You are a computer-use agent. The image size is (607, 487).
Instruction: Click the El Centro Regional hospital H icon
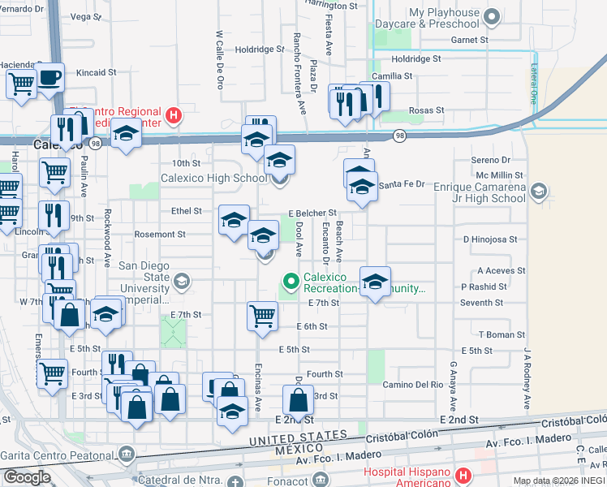(173, 116)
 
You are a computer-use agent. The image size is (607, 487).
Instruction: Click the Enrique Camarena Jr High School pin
(540, 192)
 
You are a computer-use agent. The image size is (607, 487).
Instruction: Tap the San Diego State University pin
(182, 282)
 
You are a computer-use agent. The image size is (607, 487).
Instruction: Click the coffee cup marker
(50, 78)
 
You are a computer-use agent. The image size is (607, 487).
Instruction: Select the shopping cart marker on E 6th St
(262, 315)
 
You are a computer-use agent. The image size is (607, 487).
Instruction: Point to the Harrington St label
(329, 5)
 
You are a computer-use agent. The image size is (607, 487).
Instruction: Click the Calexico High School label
(213, 178)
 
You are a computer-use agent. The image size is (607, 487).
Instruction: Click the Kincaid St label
(96, 72)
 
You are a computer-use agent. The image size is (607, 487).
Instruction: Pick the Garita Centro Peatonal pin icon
(126, 452)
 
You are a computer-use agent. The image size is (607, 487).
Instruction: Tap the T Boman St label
(502, 334)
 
